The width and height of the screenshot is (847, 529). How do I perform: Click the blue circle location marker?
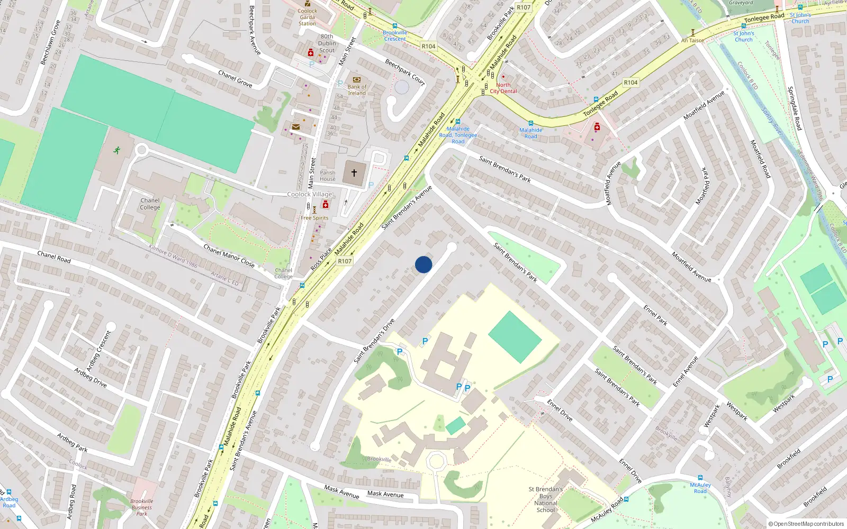424,264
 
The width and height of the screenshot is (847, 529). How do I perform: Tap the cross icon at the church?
354,173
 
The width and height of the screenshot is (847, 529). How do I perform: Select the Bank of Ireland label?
357,90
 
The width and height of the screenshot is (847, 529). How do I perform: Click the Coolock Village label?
310,194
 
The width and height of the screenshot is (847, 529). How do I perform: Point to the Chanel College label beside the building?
150,204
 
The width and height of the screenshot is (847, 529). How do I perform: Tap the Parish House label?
328,176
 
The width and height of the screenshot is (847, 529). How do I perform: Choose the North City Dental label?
503,88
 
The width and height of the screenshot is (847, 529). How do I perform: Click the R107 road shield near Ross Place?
345,261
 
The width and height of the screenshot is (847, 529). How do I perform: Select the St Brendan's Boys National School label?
546,499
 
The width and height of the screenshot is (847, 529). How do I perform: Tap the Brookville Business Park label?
142,507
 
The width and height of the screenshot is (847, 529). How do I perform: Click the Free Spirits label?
314,218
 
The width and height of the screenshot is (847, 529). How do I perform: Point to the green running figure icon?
116,150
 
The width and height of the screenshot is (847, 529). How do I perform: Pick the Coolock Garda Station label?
307,17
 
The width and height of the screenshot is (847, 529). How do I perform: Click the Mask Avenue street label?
385,494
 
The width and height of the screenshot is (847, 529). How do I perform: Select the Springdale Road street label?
795,108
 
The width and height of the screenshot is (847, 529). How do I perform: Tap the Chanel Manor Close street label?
229,256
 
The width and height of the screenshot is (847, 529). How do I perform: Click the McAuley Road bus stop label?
700,488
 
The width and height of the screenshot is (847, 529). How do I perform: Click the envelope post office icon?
295,127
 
